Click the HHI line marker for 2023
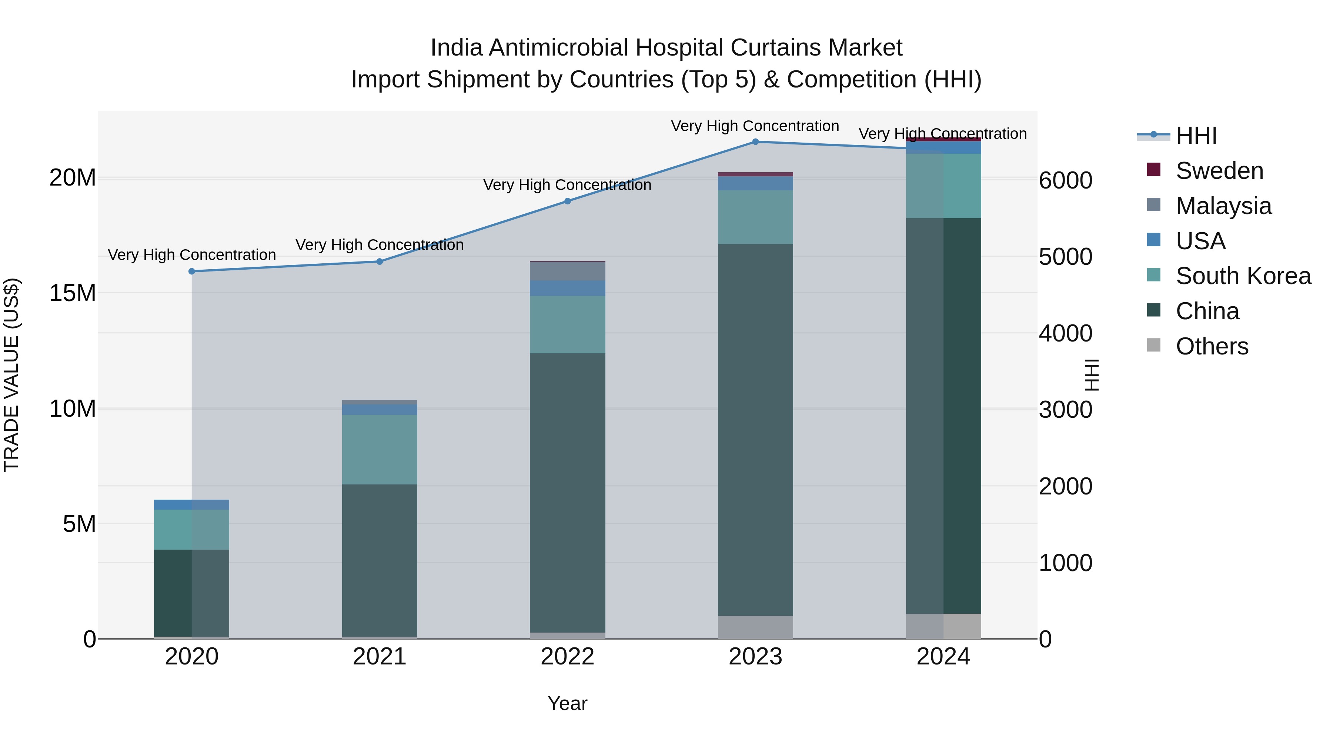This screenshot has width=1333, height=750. point(755,142)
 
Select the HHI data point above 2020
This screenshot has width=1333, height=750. point(191,271)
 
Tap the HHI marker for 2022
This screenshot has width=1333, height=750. point(567,201)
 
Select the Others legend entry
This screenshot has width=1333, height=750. point(1212,346)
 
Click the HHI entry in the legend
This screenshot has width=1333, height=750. point(1196,136)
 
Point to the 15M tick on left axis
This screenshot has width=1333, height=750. point(73,293)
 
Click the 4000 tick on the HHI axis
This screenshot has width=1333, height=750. point(1065,333)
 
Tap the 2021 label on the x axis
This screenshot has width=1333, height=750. point(379,657)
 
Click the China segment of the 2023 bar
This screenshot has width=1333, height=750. point(755,430)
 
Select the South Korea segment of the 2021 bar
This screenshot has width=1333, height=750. point(379,449)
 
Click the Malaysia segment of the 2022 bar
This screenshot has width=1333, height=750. point(567,271)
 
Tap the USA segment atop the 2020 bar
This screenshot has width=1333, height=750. point(191,505)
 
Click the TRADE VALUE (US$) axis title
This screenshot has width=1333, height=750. point(11,375)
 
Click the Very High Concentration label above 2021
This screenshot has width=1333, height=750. point(379,245)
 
